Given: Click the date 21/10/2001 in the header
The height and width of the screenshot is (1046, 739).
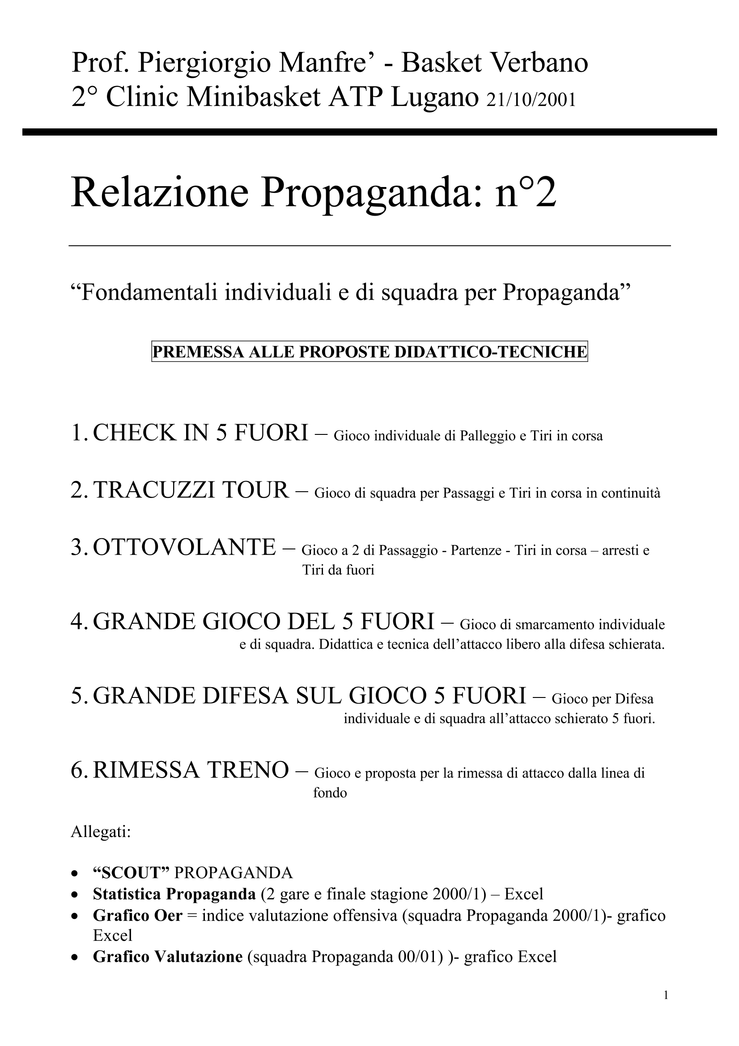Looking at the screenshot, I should pos(531,100).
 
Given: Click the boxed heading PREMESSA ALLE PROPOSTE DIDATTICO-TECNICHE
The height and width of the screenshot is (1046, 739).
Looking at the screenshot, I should pos(369,352).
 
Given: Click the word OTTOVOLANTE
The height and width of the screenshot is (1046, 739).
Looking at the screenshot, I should pos(184,547).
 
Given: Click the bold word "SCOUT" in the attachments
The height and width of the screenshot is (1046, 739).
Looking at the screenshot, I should pos(131,872).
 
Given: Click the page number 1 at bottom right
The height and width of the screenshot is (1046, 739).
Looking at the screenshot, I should pos(666,996).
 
